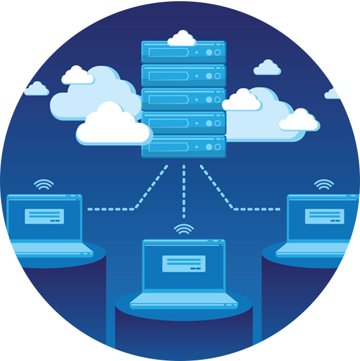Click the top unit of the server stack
pyautogui.click(x=183, y=52)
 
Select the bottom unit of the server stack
pyautogui.click(x=183, y=147)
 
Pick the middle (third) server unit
pyautogui.click(x=183, y=100)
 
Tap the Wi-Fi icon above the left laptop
pyautogui.click(x=43, y=184)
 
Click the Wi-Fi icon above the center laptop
pyautogui.click(x=184, y=229)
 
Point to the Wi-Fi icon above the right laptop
pyautogui.click(x=324, y=184)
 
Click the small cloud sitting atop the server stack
pyautogui.click(x=181, y=39)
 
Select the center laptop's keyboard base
pyautogui.click(x=184, y=300)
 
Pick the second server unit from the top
pyautogui.click(x=183, y=76)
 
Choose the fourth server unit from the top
pyautogui.click(x=183, y=123)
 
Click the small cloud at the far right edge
pyautogui.click(x=334, y=94)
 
